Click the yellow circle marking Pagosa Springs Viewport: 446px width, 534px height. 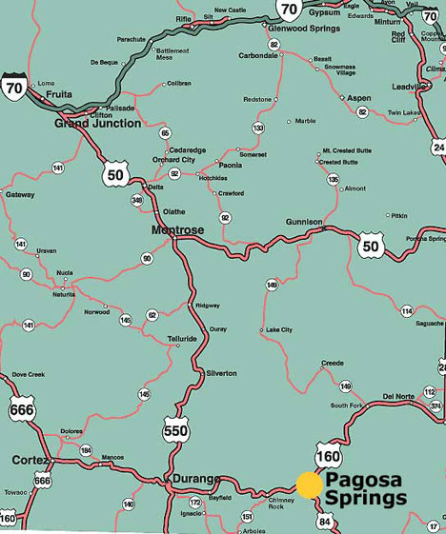[309, 485]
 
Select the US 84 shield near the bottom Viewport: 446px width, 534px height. [326, 521]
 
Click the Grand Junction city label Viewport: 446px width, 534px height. [97, 124]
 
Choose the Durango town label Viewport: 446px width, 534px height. [196, 478]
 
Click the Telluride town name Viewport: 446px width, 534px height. [181, 338]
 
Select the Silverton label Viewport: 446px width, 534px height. [221, 373]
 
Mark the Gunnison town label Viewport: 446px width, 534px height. [304, 221]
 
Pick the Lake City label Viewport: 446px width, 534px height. [280, 330]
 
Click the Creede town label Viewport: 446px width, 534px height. [332, 363]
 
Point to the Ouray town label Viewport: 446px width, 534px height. [219, 327]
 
